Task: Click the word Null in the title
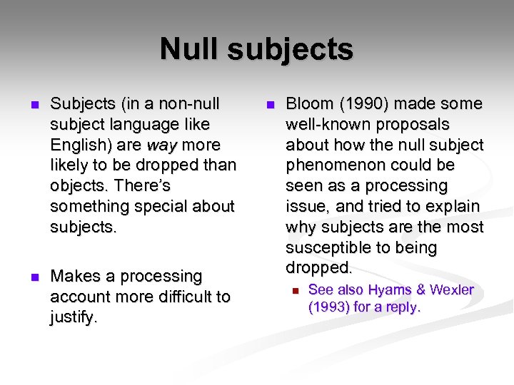click(188, 49)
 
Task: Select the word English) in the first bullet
click(79, 145)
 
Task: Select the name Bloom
click(309, 103)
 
